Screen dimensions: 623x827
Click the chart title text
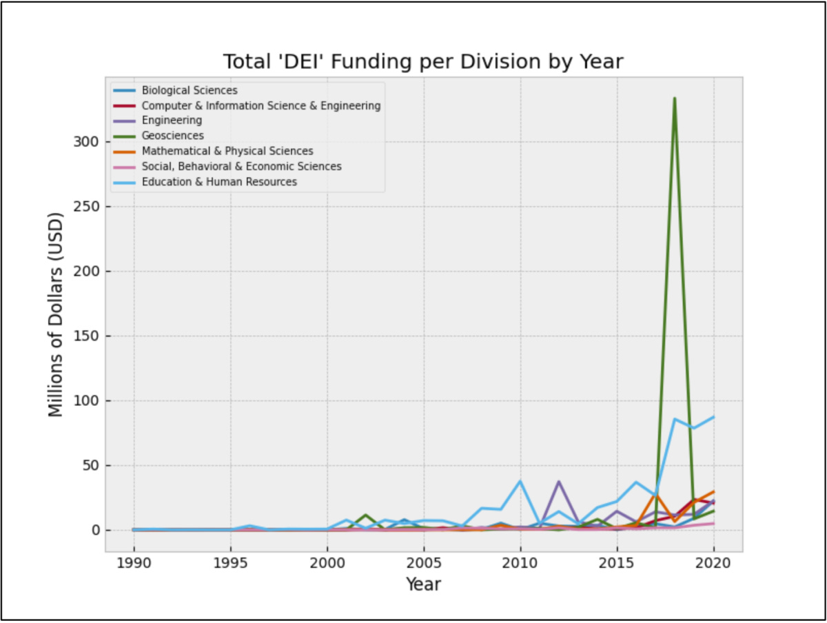pyautogui.click(x=422, y=62)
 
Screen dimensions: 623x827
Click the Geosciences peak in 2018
pyautogui.click(x=674, y=99)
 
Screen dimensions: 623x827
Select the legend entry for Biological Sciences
pyautogui.click(x=190, y=90)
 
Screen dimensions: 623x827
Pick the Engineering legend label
pyautogui.click(x=172, y=121)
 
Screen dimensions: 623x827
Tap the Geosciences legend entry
pyautogui.click(x=172, y=136)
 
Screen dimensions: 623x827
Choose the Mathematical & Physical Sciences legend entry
pyautogui.click(x=227, y=151)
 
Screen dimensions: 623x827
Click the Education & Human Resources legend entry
pyautogui.click(x=219, y=182)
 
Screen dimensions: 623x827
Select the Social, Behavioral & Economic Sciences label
pyautogui.click(x=241, y=167)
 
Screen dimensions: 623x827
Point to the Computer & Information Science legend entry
pyautogui.click(x=261, y=105)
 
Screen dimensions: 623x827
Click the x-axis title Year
pyautogui.click(x=423, y=585)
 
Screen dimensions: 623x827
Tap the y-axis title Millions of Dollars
pyautogui.click(x=56, y=314)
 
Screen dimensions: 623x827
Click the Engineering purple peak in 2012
pyautogui.click(x=558, y=482)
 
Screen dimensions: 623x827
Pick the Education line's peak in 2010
pyautogui.click(x=520, y=481)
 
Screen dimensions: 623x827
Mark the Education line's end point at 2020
pyautogui.click(x=713, y=417)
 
